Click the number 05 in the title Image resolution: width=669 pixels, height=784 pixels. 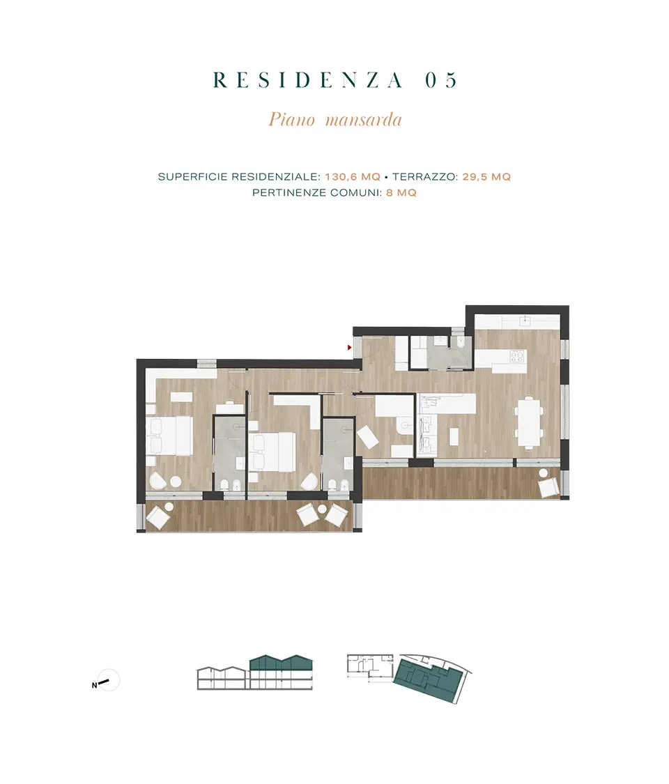point(441,80)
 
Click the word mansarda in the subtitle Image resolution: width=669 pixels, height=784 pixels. point(364,120)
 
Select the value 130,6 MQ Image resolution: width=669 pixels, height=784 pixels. point(353,177)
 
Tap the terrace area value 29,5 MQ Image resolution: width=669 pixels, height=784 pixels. point(486,177)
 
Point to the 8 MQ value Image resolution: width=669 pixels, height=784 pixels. point(401,193)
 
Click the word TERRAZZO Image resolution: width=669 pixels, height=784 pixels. point(424,177)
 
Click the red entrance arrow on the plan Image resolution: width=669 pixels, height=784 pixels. point(350,348)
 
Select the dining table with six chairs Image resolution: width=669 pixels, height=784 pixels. point(529,421)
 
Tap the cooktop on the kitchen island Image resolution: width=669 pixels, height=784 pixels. point(516,355)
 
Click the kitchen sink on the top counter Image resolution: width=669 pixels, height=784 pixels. point(525,321)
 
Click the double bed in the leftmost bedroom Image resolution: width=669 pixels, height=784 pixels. point(169,436)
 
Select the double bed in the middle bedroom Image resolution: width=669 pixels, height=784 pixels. point(272,452)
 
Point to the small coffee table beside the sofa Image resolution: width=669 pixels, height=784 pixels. point(454,436)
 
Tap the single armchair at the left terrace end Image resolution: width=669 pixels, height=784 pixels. point(158,518)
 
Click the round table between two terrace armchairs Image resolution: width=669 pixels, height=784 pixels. point(323,509)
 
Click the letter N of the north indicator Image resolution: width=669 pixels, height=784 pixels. point(95,686)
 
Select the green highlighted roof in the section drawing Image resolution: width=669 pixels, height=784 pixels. point(281,663)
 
